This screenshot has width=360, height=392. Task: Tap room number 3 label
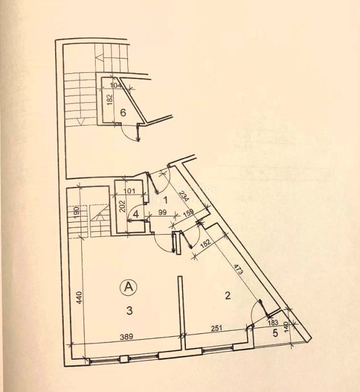coord(130,310)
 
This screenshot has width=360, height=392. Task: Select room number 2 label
coord(227,295)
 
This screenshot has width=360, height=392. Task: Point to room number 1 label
coord(166,199)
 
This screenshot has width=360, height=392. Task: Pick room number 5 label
coord(275,333)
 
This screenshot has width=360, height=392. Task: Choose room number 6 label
coord(123,112)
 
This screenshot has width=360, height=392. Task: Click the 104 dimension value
coord(116,85)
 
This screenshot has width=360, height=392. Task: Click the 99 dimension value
coord(162,212)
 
